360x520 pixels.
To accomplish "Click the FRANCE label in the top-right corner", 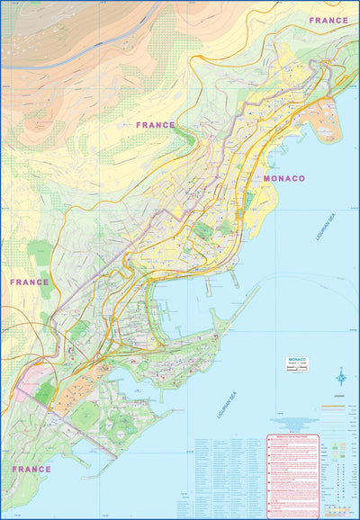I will pos(328,20).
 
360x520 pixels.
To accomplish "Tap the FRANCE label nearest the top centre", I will pos(156,125).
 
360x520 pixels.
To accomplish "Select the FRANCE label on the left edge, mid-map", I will pos(29,282).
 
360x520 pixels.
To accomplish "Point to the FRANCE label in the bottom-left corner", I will pos(31,469).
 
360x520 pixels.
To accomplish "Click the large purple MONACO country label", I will pos(284,178).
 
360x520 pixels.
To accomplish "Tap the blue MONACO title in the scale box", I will pos(297,360).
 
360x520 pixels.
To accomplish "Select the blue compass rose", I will pos(340,376).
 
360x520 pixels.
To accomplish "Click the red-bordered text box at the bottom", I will pos(292,473).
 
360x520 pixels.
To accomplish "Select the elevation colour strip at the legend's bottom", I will pos(338,512).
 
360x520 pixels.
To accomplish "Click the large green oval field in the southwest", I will pos(85,415).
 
